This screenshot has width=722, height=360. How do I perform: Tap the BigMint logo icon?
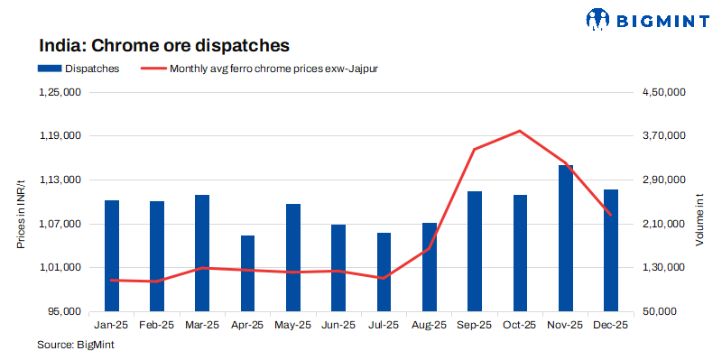598,19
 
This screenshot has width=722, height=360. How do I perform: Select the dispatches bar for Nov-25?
566,238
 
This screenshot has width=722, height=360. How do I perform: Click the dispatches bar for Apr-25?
247,273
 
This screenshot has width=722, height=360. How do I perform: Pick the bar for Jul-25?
384,272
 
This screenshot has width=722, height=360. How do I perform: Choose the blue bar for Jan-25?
111,255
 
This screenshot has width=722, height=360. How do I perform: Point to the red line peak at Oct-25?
520,131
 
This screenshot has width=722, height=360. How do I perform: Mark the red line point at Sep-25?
475,149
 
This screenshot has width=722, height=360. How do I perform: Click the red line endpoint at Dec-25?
611,215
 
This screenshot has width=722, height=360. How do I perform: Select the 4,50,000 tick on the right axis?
664,92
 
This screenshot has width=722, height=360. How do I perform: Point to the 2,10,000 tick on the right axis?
664,224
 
